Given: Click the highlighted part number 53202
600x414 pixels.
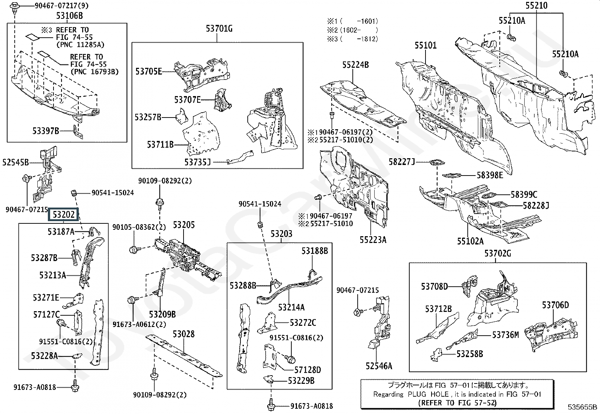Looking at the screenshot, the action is click(63, 214).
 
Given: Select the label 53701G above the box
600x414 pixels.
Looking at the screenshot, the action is click(219, 28).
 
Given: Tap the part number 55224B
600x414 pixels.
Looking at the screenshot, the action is click(355, 65).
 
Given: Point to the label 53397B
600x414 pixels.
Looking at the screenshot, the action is click(46, 131).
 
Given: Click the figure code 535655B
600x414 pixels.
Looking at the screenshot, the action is click(582, 407).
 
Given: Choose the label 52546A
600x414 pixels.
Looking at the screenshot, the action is click(379, 366).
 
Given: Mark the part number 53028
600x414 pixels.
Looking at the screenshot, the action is click(184, 334).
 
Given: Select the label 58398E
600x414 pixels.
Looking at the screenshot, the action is click(490, 175).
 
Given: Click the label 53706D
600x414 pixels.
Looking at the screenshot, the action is click(555, 305).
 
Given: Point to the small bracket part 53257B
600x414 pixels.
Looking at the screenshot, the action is click(182, 116).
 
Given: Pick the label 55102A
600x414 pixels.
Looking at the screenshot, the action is click(470, 241).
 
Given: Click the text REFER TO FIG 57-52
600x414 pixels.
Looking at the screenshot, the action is click(457, 403).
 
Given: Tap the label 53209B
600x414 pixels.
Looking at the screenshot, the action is click(162, 314).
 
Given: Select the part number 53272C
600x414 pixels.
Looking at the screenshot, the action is click(303, 323).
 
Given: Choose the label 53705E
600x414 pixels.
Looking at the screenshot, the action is click(148, 72).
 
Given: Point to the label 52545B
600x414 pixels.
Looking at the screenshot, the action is click(15, 162).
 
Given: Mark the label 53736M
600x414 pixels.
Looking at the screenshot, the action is click(505, 335).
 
